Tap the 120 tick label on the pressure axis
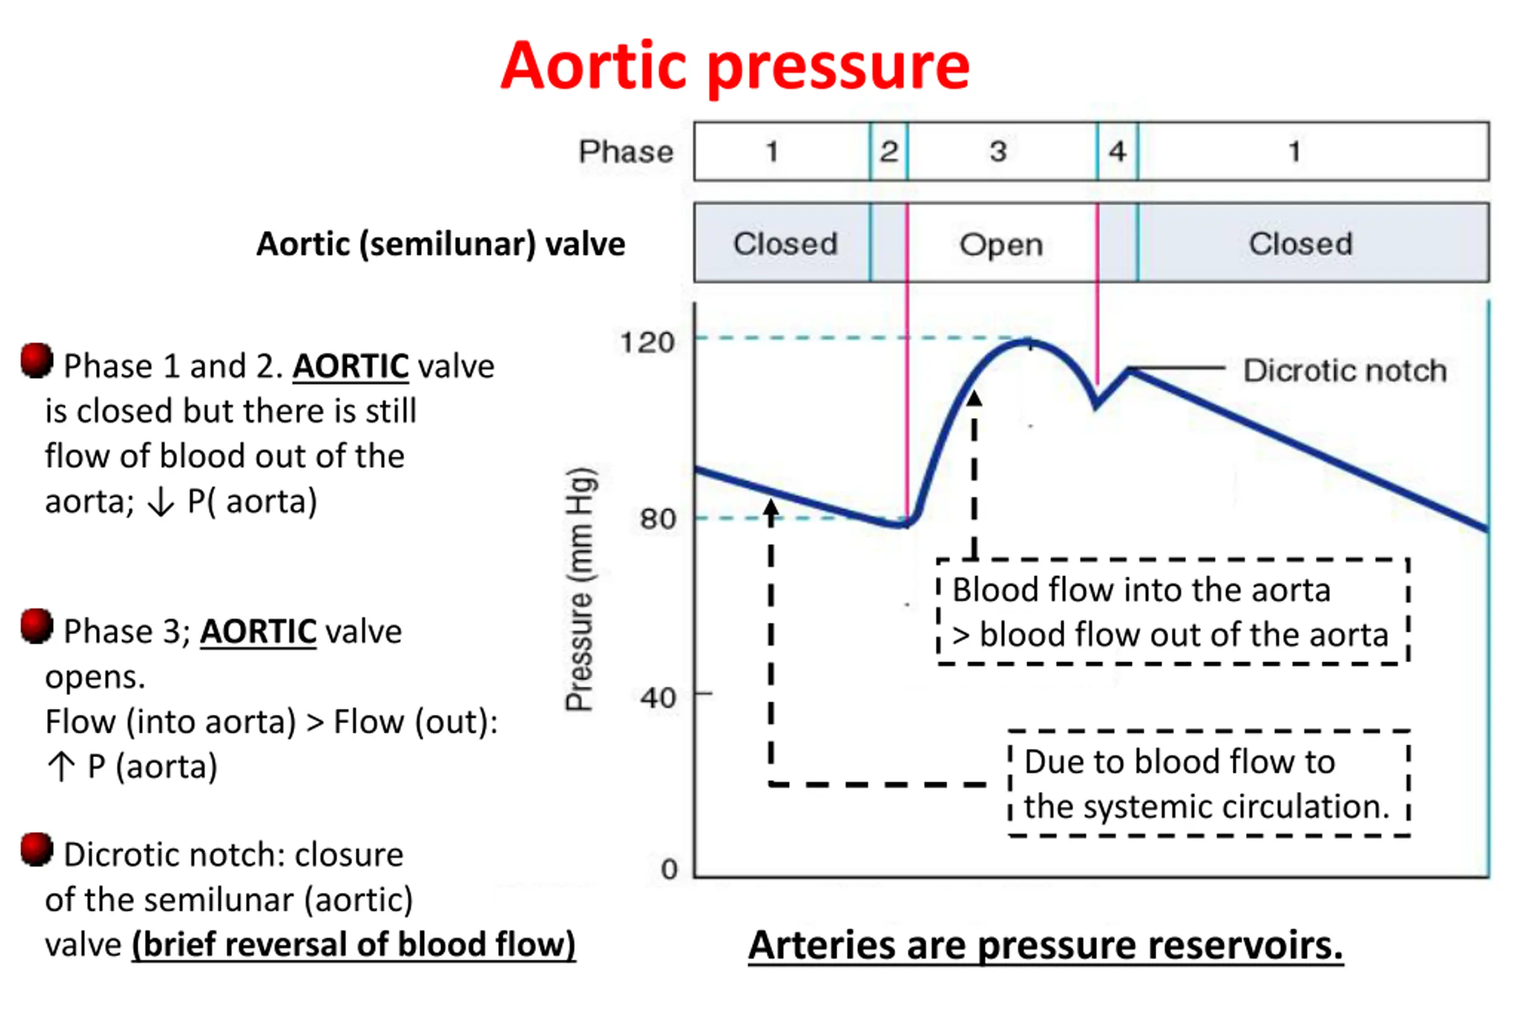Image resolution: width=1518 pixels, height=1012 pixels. click(x=647, y=342)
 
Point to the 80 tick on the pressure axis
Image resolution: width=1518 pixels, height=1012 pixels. click(x=657, y=518)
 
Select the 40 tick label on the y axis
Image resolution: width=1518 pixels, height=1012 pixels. click(x=658, y=698)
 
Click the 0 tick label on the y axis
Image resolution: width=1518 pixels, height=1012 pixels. click(x=669, y=869)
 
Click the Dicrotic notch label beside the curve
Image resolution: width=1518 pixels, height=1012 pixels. click(x=1345, y=371)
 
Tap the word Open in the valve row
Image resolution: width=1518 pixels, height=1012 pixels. click(x=1001, y=245)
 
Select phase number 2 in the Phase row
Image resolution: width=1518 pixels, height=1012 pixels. click(x=889, y=152)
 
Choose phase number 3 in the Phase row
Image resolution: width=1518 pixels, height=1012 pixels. click(x=999, y=152)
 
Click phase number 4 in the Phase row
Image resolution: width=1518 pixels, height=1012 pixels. click(x=1117, y=152)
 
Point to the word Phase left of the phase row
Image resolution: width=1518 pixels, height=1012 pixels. click(x=626, y=152)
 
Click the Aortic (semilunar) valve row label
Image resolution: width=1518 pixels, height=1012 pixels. click(x=441, y=244)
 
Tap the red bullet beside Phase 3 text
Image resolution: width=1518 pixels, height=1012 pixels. click(x=36, y=625)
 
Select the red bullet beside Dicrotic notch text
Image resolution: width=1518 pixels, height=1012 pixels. click(x=36, y=850)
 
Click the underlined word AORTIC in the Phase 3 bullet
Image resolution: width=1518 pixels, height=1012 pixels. click(x=258, y=631)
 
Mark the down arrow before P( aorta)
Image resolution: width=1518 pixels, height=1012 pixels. click(x=161, y=502)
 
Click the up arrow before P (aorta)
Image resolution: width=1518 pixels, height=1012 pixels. click(x=61, y=767)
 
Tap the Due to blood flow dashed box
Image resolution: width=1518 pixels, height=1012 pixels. click(x=1208, y=784)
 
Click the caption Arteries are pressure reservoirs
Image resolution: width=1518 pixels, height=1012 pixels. click(x=1045, y=946)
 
